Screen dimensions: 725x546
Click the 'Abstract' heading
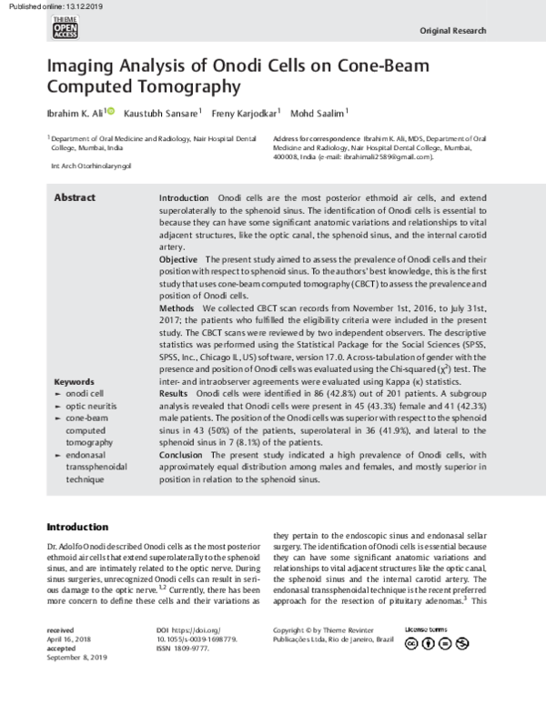pyautogui.click(x=74, y=197)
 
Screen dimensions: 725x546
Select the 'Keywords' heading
pyautogui.click(x=74, y=407)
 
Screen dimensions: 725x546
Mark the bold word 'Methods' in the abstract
pyautogui.click(x=177, y=309)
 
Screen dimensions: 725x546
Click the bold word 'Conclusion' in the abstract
pyautogui.click(x=182, y=454)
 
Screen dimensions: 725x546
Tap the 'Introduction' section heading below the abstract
pyautogui.click(x=77, y=527)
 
